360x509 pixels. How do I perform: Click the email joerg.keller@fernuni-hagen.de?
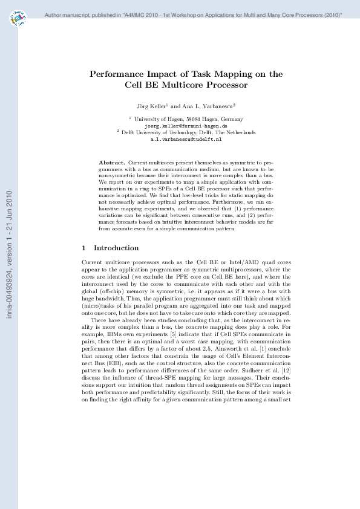point(186,126)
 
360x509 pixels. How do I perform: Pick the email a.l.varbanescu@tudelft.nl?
point(186,138)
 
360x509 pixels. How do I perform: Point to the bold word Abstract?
point(112,163)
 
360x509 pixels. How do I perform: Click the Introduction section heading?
point(116,248)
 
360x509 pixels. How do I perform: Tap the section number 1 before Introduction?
point(83,248)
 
